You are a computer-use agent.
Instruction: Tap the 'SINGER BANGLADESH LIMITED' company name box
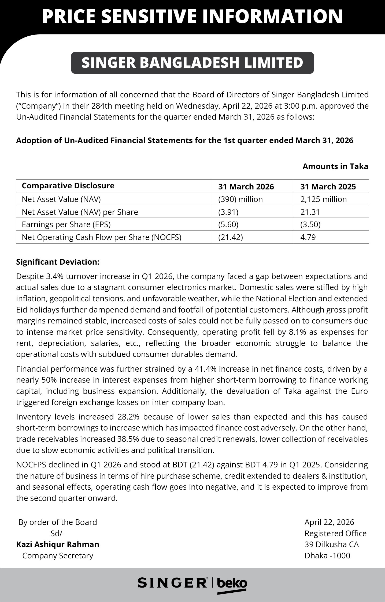coord(192,63)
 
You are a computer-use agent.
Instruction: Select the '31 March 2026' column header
coord(246,186)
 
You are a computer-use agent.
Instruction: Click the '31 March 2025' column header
coord(328,186)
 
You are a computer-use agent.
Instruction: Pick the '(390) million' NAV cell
coord(240,199)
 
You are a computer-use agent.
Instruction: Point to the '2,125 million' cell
coord(323,199)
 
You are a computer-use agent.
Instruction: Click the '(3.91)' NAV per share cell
coord(228,212)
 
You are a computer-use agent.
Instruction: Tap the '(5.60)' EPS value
coord(228,224)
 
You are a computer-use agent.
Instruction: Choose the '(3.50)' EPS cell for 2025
coord(310,224)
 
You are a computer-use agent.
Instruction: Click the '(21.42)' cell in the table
coord(230,237)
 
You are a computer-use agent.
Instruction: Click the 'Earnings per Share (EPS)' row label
coord(66,224)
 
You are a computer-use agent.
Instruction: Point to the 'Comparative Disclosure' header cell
coord(68,186)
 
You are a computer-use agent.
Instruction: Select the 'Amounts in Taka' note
coord(335,166)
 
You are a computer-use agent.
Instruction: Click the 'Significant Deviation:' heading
coord(58,262)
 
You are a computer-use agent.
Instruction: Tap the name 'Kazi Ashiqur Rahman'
coord(58,544)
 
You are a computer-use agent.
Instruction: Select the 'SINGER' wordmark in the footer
coord(172,583)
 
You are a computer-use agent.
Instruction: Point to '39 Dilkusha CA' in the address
coord(331,544)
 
